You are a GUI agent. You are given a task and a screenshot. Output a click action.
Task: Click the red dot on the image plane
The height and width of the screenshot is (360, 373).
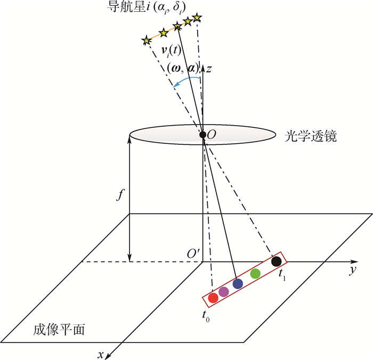coord(213,298)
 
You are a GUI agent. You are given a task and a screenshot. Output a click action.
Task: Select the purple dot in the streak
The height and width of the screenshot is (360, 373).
coord(224,291)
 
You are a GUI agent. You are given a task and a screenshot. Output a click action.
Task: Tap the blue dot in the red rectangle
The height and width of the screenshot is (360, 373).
coord(238,284)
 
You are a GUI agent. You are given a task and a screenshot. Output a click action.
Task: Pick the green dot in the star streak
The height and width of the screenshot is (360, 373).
coord(255,273)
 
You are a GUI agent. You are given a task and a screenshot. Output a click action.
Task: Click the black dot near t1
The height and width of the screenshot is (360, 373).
coord(277,261)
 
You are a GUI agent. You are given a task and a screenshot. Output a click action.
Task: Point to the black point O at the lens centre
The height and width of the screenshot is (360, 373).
coord(202,135)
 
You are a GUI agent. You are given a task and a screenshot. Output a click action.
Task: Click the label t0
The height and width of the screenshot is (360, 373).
coord(206,316)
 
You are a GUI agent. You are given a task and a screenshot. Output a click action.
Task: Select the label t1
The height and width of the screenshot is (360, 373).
coord(282,275)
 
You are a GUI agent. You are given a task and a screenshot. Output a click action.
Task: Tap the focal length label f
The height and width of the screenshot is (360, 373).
coord(120,195)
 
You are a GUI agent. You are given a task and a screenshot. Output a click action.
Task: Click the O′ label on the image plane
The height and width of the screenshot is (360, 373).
coord(193,253)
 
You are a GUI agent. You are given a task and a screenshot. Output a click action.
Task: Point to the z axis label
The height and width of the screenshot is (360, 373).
coord(209,69)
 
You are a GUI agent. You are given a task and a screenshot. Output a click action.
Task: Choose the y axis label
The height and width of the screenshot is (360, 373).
coord(353,271)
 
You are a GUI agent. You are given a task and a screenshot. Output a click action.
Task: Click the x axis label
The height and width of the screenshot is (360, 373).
coord(101,355)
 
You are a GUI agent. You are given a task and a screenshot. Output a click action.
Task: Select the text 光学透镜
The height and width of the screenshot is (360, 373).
coord(311,136)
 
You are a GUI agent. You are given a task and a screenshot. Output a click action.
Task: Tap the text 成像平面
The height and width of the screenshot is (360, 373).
coord(59,330)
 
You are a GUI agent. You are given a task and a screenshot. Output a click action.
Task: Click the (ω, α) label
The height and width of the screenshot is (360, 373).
coord(183,69)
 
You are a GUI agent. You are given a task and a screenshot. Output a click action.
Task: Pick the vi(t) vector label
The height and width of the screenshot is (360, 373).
coord(171,51)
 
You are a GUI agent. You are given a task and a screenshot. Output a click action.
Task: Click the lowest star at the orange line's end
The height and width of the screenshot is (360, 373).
coord(147,40)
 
